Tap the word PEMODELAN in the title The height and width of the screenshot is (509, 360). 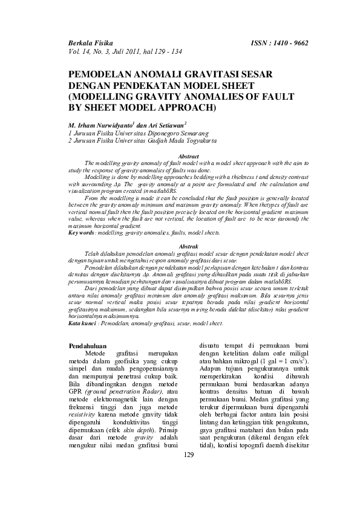(101, 74)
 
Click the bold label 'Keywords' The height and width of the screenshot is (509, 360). (82, 232)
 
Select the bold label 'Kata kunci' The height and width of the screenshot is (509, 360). (82, 323)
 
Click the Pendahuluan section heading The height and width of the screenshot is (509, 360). (89, 345)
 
